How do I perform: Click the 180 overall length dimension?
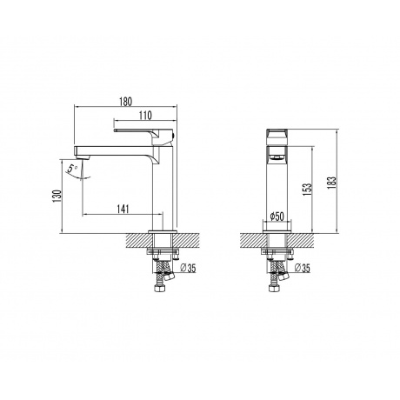[x=127, y=101]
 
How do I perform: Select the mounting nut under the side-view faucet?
[x=163, y=253]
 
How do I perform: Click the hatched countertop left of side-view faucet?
[x=137, y=237]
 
